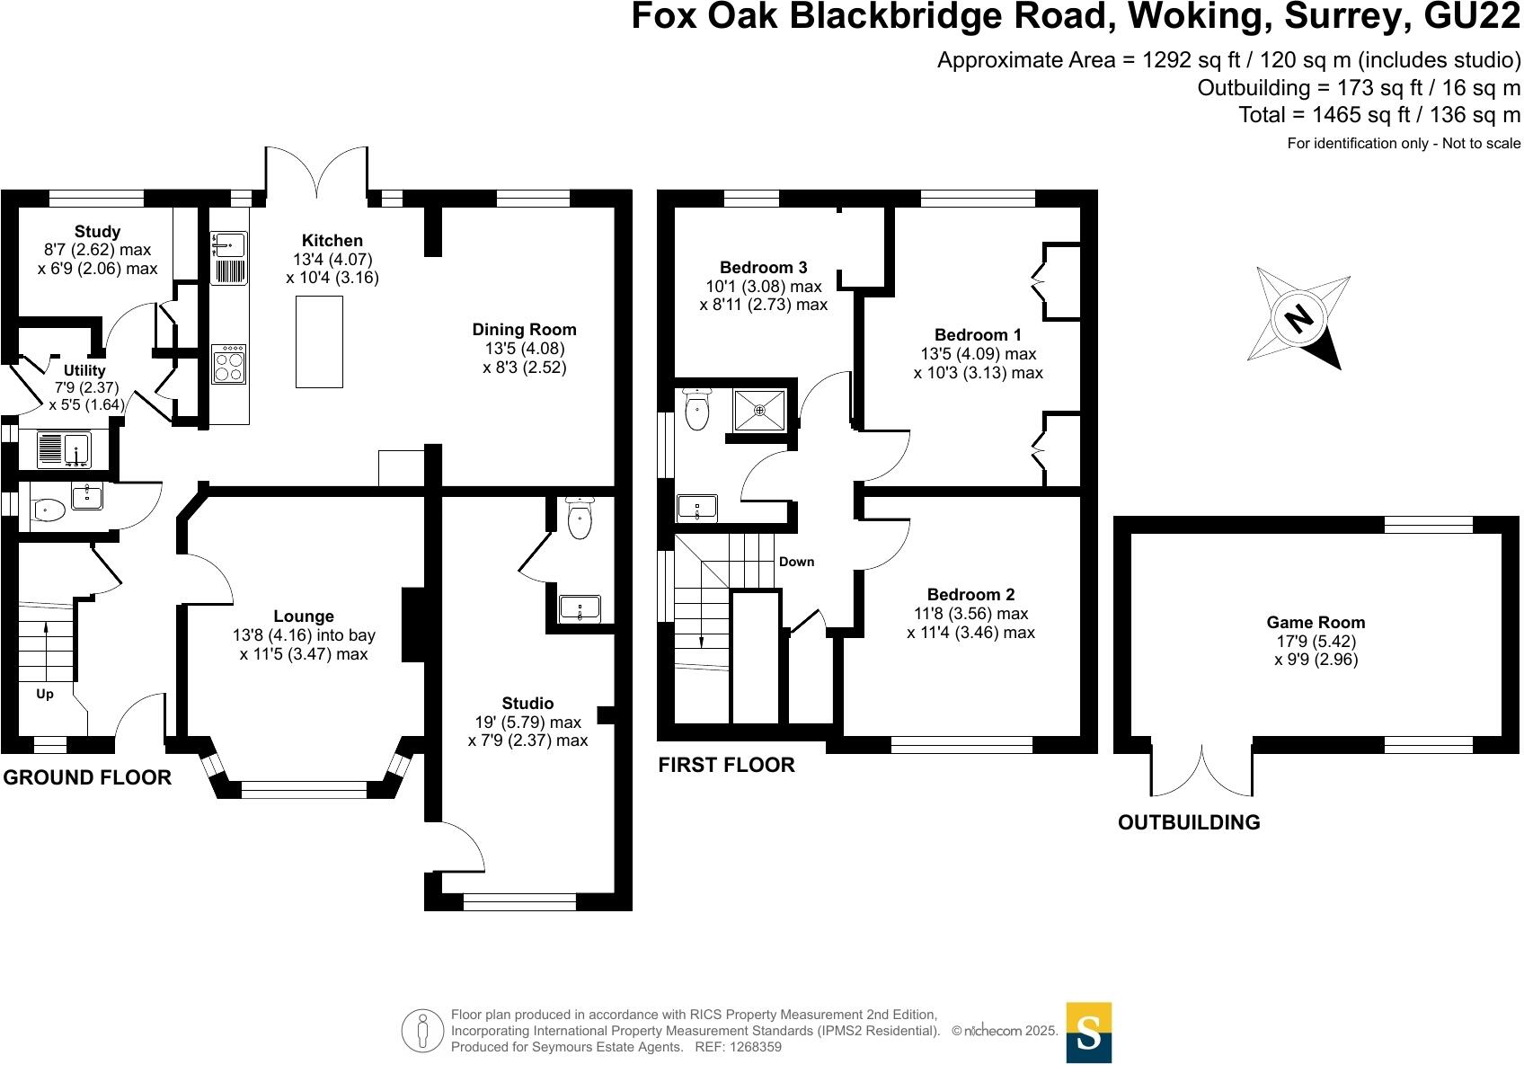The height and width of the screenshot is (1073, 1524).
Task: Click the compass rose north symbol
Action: coord(1298,319)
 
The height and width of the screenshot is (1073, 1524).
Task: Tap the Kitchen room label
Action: coord(332,241)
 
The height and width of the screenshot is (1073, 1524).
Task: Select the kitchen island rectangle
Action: coord(319,341)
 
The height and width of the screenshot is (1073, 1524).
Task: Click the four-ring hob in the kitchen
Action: coord(228,364)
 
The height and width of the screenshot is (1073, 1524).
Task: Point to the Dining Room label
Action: coord(525,330)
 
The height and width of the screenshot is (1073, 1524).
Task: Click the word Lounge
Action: coord(304,616)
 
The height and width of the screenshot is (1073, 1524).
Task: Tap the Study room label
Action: coord(97,232)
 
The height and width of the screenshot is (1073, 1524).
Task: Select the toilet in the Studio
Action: coord(580,519)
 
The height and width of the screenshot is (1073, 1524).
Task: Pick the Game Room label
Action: coord(1316,622)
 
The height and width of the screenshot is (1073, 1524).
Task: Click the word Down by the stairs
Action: coord(796,562)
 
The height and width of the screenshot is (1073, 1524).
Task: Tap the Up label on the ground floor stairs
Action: coord(45,694)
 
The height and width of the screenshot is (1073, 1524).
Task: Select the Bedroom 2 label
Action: coord(970,595)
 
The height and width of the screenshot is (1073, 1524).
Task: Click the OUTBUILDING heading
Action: coord(1188,822)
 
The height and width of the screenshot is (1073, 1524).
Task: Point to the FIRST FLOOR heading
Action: coord(726,765)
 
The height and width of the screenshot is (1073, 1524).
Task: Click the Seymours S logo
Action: coord(1089,1033)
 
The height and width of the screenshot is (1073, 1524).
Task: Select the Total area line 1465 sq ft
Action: coord(1379,115)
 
